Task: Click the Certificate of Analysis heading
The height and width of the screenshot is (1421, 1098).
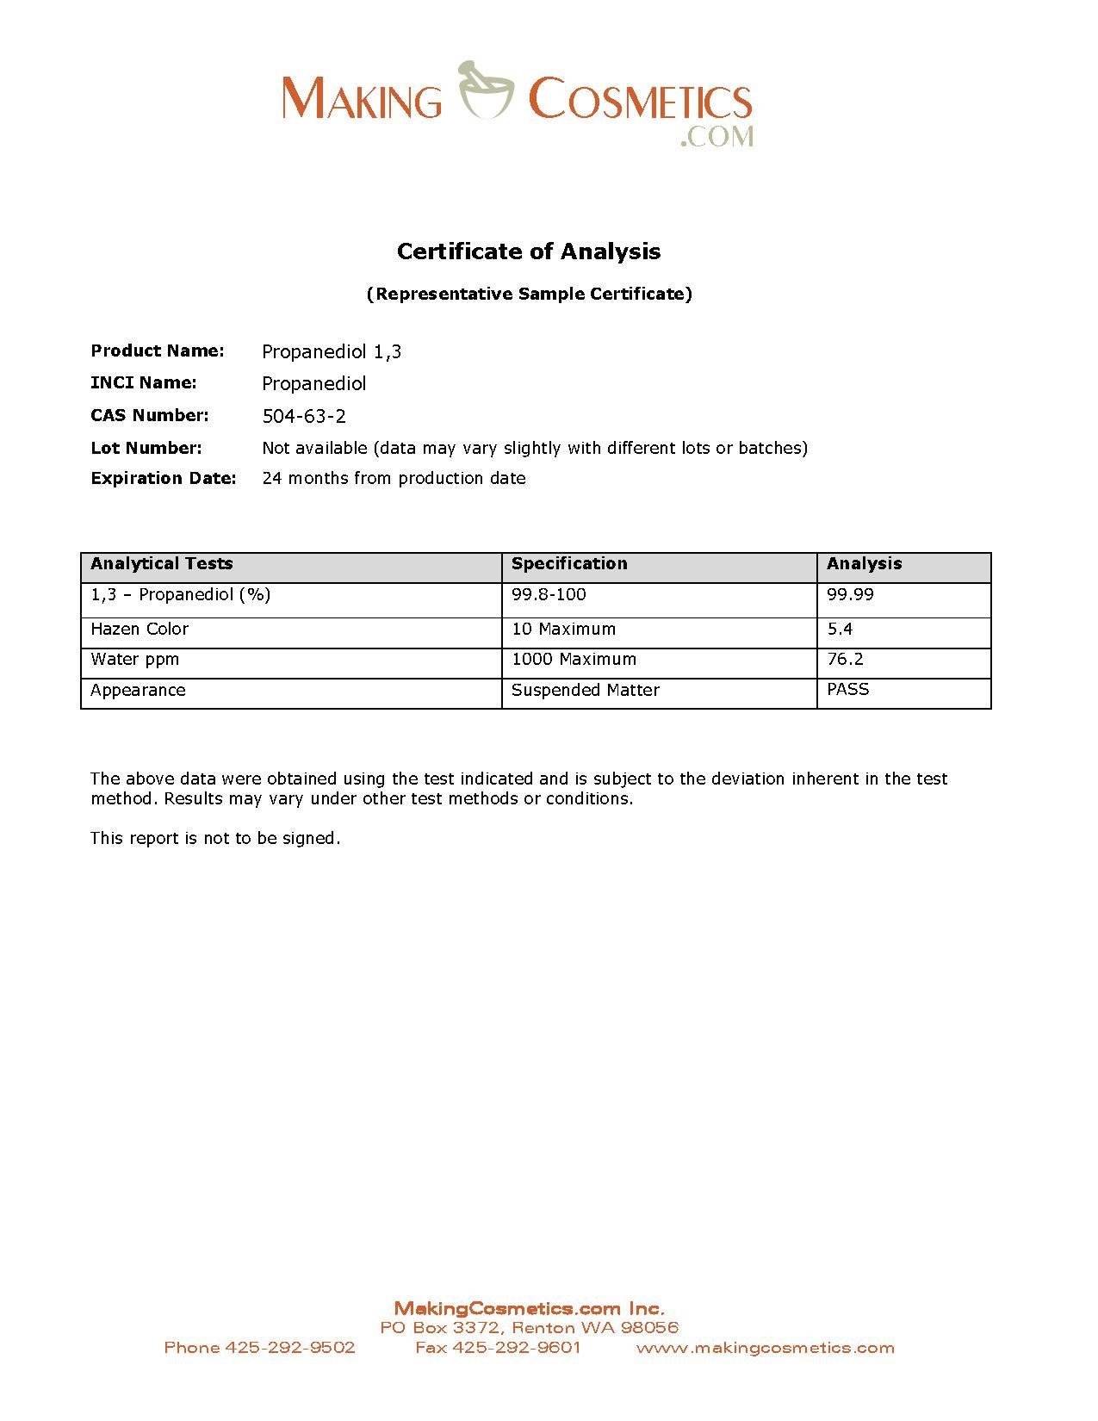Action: (529, 251)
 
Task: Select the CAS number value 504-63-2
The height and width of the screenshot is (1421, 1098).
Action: (304, 417)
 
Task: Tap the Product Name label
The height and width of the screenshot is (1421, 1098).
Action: (158, 351)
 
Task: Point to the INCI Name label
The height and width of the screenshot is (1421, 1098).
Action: (144, 382)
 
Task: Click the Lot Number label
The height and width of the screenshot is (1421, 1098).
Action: (146, 448)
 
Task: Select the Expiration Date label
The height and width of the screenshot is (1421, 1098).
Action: (164, 478)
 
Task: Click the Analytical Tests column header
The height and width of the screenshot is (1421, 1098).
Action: (162, 564)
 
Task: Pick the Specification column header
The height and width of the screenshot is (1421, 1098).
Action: (569, 564)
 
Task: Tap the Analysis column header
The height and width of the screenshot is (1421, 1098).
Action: (864, 564)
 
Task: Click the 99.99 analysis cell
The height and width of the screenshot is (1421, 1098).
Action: (850, 595)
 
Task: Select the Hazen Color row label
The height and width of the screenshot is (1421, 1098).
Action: (140, 630)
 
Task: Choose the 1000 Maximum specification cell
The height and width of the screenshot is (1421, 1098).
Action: (574, 660)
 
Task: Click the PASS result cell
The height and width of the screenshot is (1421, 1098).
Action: (848, 690)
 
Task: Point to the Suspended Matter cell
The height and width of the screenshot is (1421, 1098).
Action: (585, 691)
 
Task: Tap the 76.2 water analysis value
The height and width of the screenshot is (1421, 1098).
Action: (845, 660)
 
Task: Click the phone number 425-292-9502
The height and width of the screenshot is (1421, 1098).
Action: (290, 1348)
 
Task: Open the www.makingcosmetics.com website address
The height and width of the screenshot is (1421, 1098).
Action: (766, 1348)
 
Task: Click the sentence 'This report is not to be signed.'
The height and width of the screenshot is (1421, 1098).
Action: (215, 839)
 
